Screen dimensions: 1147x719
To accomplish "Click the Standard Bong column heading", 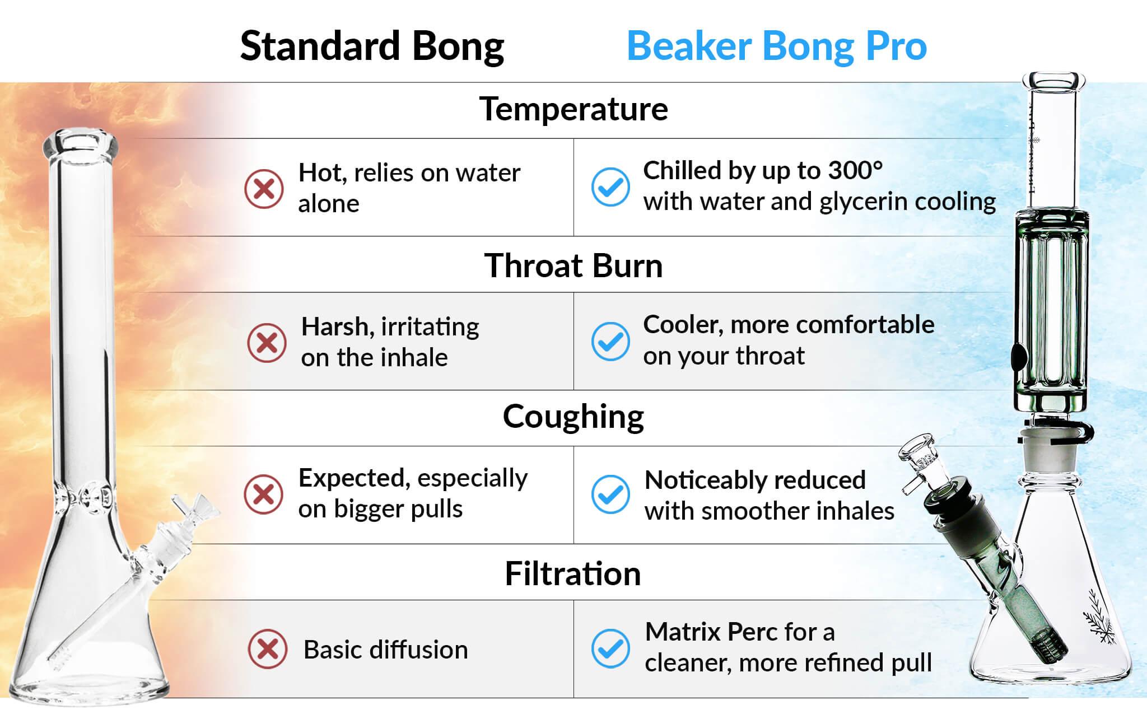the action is pos(372,46).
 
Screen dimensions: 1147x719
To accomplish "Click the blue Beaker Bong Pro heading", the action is pos(777,46).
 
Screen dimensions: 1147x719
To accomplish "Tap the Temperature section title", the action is pos(574,109).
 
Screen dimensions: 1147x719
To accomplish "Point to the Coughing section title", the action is pos(573,418).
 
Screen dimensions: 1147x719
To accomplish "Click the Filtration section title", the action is pos(573,573).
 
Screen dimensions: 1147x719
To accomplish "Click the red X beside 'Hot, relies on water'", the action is pos(264,189).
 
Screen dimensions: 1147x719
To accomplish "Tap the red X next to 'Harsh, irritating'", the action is pos(267,343).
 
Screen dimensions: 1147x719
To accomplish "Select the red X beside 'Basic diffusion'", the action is pos(267,650).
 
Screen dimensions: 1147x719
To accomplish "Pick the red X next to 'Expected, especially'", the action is pos(264,494).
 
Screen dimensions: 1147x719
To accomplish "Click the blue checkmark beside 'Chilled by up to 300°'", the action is pos(610,187).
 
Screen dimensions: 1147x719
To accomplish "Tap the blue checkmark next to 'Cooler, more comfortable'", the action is pos(610,341).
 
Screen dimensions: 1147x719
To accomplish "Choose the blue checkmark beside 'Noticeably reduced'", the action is pos(610,494).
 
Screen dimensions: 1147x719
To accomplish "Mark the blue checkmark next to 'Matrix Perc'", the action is pos(610,648).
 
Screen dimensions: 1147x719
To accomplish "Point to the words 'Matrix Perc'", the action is pos(711,632).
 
